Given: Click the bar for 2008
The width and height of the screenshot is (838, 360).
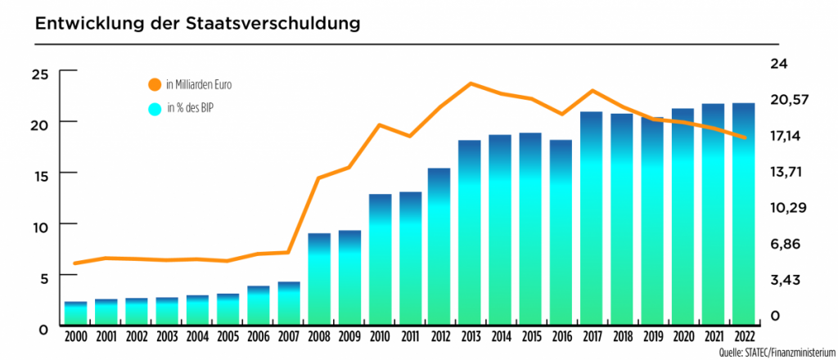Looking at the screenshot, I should click(x=319, y=278).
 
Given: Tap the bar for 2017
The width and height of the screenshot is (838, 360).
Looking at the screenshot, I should click(x=592, y=218).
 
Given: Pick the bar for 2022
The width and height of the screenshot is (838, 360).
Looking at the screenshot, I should click(x=743, y=213).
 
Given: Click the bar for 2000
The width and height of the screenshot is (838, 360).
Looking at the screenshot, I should click(x=76, y=313).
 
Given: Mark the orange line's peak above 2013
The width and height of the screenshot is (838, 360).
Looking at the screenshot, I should click(x=471, y=83).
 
